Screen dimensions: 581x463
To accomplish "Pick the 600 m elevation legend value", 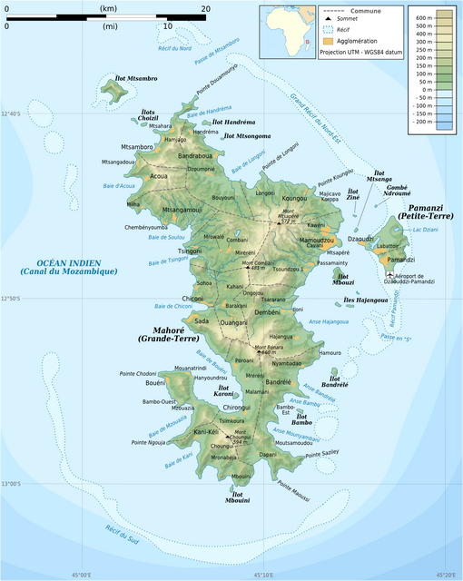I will [423, 18].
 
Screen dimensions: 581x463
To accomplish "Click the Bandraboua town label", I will [196, 156].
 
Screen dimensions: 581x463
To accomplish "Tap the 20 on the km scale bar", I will [206, 9].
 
